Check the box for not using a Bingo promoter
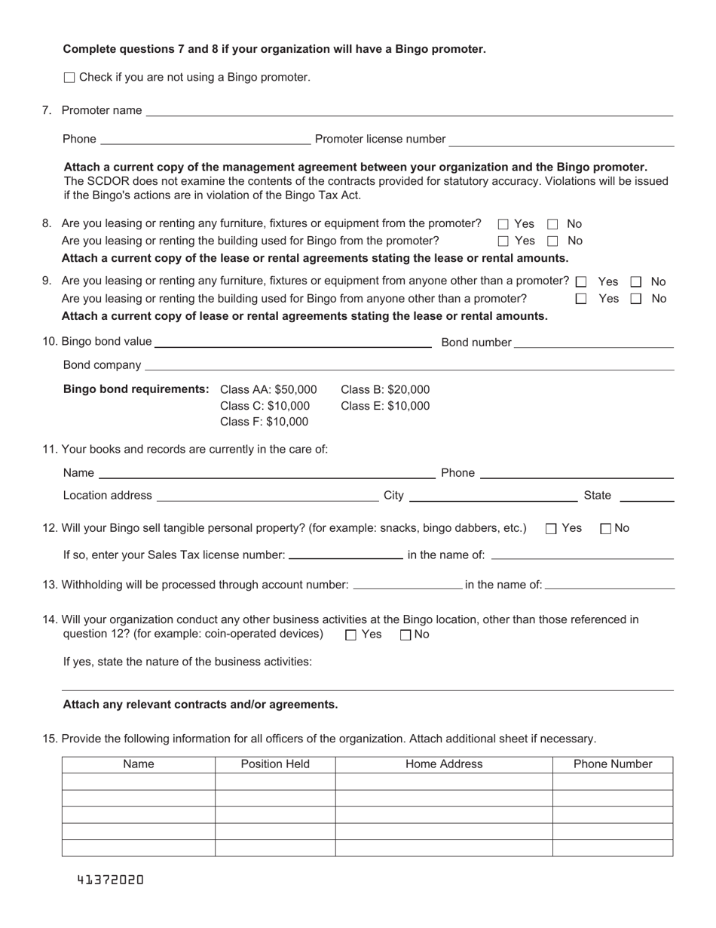[70, 77]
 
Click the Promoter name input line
[409, 110]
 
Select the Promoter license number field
[561, 140]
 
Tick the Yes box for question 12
[551, 529]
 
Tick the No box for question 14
[405, 635]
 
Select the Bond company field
[409, 365]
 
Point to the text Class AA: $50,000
[268, 390]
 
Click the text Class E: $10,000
[385, 406]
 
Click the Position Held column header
[275, 764]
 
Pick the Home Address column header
[444, 764]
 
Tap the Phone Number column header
[613, 764]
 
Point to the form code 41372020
[110, 880]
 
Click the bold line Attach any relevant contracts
[200, 705]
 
